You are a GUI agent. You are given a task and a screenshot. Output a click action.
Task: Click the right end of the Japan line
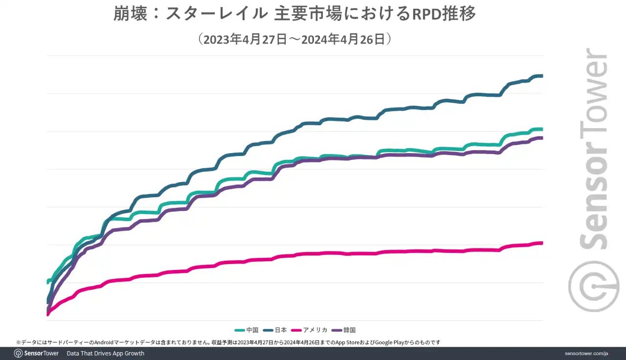pos(541,76)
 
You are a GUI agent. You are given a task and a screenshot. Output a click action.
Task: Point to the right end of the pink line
pos(541,243)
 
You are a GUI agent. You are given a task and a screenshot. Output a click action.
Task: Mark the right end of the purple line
pos(541,138)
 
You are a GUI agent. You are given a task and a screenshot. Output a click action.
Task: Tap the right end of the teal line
pos(541,129)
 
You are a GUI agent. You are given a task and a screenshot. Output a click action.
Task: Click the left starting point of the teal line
pos(48,281)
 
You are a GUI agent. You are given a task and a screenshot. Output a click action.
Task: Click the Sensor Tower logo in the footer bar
pos(37,353)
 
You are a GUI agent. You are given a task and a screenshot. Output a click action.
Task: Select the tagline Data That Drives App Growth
pos(106,353)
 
